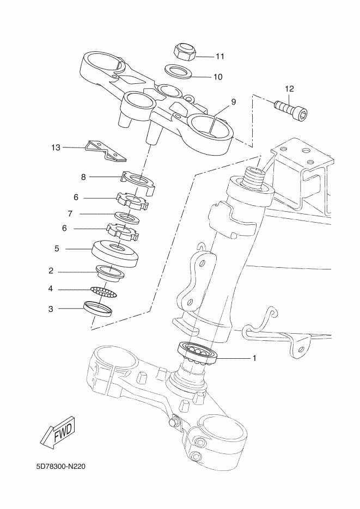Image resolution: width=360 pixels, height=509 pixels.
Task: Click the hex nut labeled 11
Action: click(x=185, y=52)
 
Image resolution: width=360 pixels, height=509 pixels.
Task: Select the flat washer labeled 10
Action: click(x=178, y=71)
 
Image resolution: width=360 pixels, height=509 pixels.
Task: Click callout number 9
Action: click(x=234, y=102)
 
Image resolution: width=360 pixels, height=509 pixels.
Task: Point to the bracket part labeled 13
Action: click(x=106, y=151)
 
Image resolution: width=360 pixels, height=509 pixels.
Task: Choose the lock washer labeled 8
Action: click(x=139, y=182)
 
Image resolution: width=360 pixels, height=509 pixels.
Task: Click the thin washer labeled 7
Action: click(x=128, y=218)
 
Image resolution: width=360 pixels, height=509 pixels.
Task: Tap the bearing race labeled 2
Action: click(x=109, y=272)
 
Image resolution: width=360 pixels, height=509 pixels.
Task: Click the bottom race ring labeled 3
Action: click(x=98, y=309)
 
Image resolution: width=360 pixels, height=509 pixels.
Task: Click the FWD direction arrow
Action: click(x=58, y=432)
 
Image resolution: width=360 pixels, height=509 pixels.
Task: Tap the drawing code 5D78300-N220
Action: click(x=61, y=467)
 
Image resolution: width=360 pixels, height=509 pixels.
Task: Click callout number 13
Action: click(x=56, y=148)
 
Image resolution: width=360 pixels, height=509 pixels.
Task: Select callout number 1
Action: click(x=254, y=358)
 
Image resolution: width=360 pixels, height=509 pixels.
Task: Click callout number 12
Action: click(x=289, y=89)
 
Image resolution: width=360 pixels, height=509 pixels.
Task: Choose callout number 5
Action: click(x=57, y=249)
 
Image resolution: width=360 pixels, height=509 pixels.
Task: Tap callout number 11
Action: click(x=220, y=57)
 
